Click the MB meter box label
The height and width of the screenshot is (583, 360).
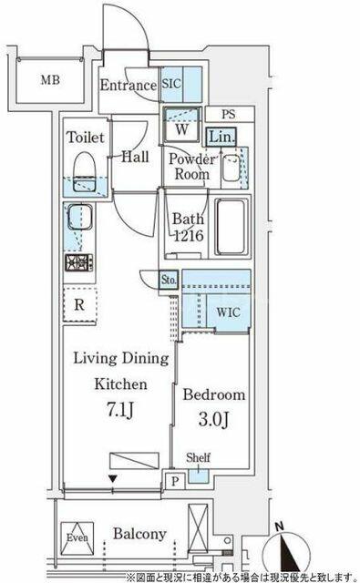(50, 79)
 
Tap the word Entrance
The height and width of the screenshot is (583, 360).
(129, 85)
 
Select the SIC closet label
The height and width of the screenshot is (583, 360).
(171, 84)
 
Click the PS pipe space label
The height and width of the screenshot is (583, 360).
(229, 114)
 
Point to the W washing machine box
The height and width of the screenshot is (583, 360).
(182, 126)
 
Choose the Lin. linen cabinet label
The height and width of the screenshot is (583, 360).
(222, 138)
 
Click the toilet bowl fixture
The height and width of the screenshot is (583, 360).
(85, 172)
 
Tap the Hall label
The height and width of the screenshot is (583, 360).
(136, 157)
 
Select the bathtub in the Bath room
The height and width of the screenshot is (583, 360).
(231, 227)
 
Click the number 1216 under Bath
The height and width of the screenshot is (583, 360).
(189, 235)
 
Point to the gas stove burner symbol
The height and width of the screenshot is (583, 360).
(79, 262)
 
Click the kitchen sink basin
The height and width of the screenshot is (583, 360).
(79, 217)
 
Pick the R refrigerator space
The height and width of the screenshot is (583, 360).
(79, 305)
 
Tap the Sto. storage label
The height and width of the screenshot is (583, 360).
(169, 279)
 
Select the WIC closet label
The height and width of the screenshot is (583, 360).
(228, 312)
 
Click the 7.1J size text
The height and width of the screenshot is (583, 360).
(120, 410)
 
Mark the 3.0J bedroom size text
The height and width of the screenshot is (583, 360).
(213, 419)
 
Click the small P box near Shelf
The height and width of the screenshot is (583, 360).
(175, 482)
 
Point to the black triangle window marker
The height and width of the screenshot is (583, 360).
(113, 478)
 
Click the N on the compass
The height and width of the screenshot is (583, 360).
(280, 527)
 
